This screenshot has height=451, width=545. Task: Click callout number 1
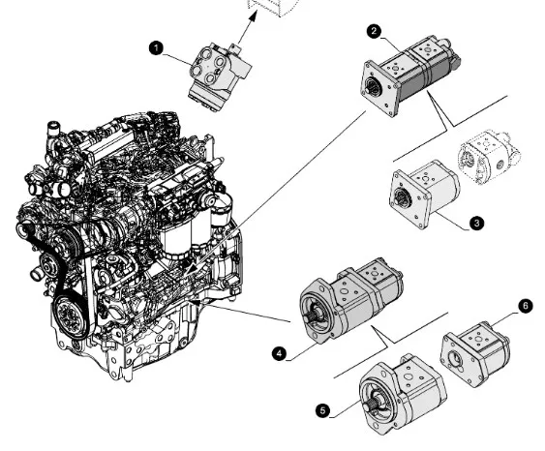point(156,48)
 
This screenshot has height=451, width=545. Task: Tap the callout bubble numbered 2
point(374,31)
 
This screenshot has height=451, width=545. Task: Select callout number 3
point(476,223)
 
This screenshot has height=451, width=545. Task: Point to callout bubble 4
point(280,354)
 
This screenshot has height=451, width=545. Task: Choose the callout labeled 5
point(323,411)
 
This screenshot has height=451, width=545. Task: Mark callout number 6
point(526,306)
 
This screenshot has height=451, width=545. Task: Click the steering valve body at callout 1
point(220,75)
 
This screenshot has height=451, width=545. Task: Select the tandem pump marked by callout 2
point(410,74)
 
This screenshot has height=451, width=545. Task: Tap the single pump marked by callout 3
point(424,195)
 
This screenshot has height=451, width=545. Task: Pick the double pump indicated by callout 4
point(351,301)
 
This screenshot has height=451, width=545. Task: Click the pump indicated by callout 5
point(403,394)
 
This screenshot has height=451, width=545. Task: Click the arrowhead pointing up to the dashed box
point(254,15)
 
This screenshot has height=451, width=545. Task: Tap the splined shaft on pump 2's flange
point(373,87)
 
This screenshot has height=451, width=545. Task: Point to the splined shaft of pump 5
point(371,405)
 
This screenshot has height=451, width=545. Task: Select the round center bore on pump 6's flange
point(455,359)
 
